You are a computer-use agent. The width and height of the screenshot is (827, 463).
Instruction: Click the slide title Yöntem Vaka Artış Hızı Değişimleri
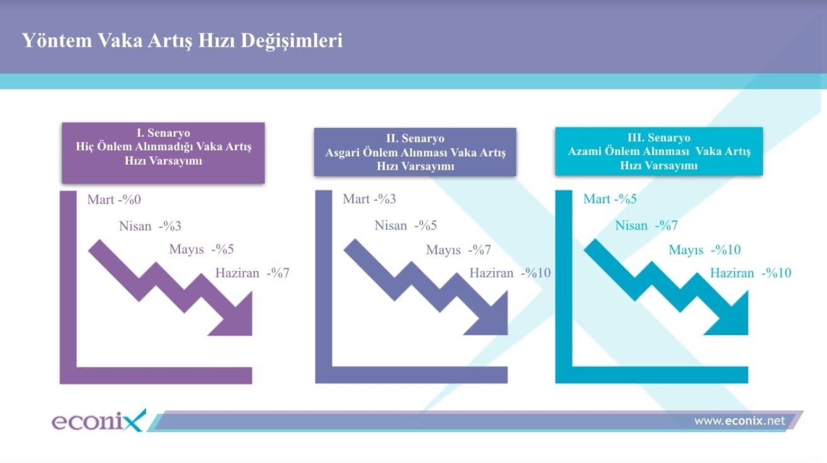point(183,40)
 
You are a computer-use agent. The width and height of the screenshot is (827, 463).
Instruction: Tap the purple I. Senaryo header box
point(163,153)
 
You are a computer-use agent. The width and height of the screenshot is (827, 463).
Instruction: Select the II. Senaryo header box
point(415,152)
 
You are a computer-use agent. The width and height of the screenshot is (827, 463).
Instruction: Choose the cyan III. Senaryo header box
point(659,151)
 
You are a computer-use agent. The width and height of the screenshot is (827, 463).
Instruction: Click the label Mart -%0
point(114,200)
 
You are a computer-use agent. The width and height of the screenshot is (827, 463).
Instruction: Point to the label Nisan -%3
point(150,226)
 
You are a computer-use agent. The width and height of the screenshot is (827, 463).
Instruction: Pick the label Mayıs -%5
point(202,250)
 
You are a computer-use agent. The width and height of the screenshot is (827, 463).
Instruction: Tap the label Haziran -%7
point(253,273)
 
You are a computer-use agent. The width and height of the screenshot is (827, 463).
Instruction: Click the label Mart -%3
point(369,199)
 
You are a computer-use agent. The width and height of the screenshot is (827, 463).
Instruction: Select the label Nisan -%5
point(406,225)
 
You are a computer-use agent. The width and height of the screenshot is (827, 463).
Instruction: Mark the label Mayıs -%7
point(459,250)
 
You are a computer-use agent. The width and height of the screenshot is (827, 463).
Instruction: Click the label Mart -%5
point(610,199)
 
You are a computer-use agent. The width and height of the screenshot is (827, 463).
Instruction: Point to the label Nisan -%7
point(646,225)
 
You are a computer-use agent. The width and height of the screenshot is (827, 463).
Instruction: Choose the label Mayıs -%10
point(705,250)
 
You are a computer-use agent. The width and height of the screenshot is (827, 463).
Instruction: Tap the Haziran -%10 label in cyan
point(751,273)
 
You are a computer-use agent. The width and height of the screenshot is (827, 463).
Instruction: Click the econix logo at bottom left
point(99,421)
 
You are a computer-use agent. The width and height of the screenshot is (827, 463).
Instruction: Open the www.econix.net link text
point(740,421)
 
